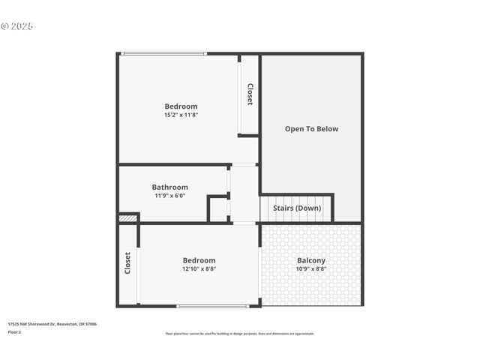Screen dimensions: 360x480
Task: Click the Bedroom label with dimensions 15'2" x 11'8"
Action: coord(181,106)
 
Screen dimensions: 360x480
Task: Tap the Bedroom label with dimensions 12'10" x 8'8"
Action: coord(199,260)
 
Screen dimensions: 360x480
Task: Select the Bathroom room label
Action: coord(170,187)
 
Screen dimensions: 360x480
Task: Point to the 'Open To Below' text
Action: coord(311,129)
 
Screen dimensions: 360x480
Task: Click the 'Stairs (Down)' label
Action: coord(297,208)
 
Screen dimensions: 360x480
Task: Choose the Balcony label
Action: coord(311,260)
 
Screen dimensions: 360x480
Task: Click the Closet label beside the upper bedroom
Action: coord(250,94)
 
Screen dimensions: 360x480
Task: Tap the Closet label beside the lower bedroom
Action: coord(127,262)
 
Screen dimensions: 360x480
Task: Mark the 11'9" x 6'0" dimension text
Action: coord(170,196)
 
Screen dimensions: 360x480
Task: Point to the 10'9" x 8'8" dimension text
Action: coord(311,268)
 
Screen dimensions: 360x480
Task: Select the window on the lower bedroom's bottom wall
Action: coord(213,306)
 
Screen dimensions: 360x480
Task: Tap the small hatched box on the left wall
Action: coord(128,218)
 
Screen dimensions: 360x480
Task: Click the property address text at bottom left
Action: coord(52,324)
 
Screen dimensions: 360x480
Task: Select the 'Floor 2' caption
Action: coord(15,331)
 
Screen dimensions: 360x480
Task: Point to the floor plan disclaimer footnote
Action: coord(240,334)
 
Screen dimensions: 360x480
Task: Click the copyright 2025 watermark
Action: coord(17,26)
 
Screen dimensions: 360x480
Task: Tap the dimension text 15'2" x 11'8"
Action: coord(181,115)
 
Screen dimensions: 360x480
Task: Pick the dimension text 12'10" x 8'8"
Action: coord(199,268)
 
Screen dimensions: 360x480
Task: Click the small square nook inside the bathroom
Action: coord(218,209)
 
